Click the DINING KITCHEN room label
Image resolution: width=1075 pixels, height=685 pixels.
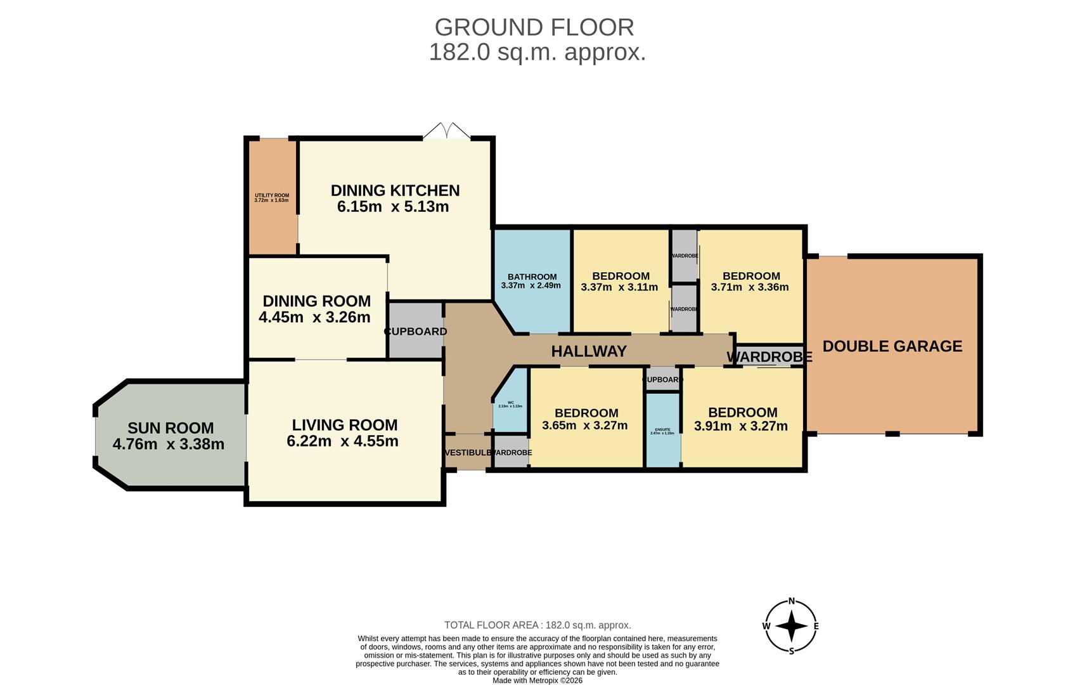click(395, 190)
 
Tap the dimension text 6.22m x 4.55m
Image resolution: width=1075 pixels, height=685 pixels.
click(342, 441)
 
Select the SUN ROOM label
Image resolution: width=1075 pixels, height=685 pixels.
click(171, 428)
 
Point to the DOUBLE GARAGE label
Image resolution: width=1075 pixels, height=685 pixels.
click(892, 346)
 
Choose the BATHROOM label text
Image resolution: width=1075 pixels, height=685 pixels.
click(532, 277)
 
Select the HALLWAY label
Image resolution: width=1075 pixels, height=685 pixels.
click(588, 351)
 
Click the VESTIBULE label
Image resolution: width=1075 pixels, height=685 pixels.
click(468, 453)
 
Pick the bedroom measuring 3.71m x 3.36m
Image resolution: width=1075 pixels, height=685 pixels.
click(750, 281)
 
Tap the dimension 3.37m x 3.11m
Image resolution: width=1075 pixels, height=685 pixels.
click(619, 287)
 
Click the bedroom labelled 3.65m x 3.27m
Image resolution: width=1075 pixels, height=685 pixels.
click(586, 419)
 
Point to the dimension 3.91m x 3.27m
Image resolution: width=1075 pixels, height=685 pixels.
click(740, 426)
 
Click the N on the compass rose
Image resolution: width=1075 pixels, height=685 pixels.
click(791, 602)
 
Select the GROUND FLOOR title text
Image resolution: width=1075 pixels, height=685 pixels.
click(534, 27)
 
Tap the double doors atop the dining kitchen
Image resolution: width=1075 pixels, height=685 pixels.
click(447, 131)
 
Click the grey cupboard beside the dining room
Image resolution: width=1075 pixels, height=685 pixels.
click(415, 330)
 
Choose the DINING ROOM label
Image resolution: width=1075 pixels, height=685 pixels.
click(316, 301)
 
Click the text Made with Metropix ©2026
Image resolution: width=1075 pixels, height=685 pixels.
click(537, 681)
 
